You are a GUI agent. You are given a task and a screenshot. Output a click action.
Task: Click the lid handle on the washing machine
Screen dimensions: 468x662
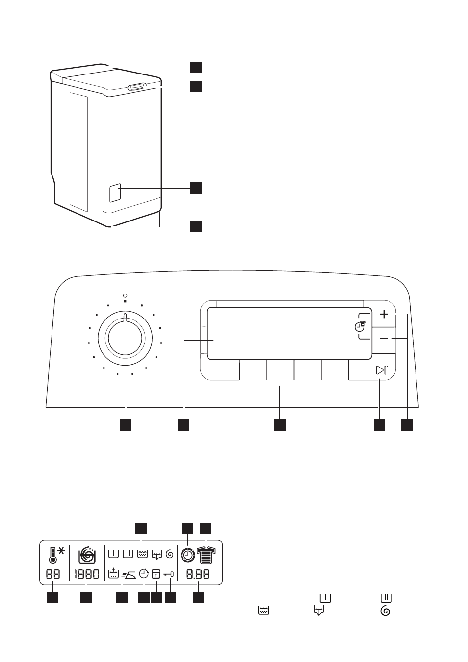(137, 86)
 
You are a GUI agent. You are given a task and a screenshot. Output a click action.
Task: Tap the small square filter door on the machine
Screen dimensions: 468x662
(115, 193)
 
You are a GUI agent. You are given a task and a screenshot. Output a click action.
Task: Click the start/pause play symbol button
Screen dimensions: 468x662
(382, 370)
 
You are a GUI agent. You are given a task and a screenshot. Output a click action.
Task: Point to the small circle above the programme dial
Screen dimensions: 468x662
(125, 295)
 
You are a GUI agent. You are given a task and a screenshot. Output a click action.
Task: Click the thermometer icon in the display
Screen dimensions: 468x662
(52, 555)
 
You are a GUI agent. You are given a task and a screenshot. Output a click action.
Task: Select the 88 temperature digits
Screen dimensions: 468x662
(53, 575)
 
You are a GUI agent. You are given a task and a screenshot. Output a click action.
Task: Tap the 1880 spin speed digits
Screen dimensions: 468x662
(86, 575)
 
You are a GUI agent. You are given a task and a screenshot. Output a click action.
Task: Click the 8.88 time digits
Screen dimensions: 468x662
(198, 575)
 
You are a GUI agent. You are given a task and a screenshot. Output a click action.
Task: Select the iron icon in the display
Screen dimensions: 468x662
(129, 575)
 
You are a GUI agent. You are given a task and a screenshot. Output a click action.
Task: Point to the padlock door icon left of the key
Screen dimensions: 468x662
(156, 574)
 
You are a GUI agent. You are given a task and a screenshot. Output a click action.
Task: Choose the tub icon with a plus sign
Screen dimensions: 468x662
(114, 574)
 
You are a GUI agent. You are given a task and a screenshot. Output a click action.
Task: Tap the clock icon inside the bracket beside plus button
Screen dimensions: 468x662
(360, 326)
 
